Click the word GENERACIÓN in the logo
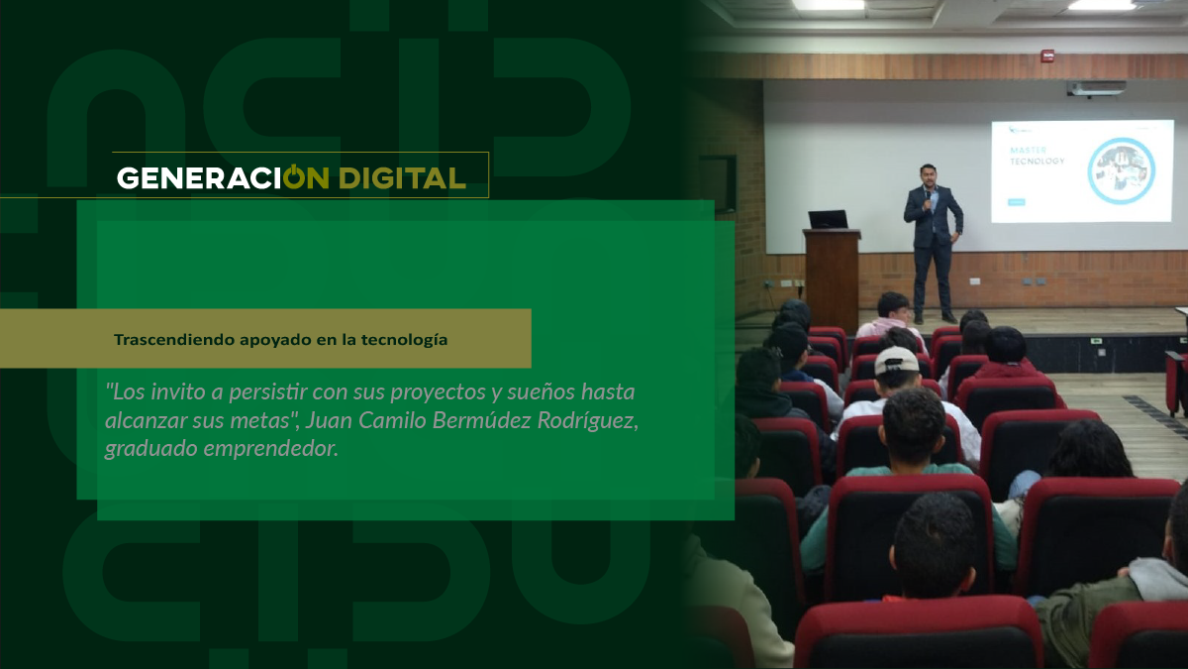point(223,177)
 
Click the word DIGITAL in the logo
point(402,177)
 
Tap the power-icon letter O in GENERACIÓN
point(294,176)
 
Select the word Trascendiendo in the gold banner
point(174,340)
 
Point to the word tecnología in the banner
point(405,340)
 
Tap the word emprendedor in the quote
point(270,449)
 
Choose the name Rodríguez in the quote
point(588,421)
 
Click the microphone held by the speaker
point(929,198)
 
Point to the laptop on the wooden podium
point(828,220)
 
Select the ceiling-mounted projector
point(1096,88)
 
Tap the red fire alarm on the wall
point(1047,56)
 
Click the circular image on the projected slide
point(1121,170)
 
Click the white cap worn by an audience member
point(897,361)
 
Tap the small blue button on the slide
point(1016,202)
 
